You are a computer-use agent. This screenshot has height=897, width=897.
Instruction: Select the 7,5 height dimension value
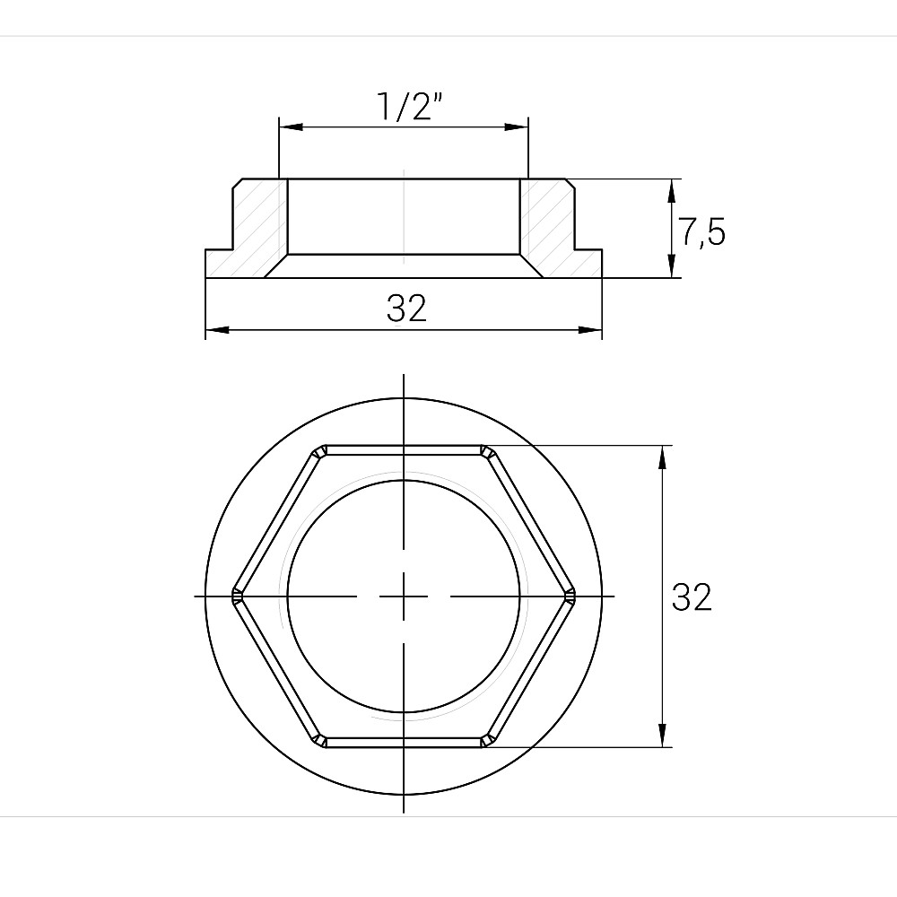(700, 232)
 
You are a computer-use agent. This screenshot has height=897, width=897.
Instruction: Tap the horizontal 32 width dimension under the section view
(406, 309)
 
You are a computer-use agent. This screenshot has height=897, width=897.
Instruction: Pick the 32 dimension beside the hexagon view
(692, 597)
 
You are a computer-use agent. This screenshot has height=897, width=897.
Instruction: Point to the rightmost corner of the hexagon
(571, 596)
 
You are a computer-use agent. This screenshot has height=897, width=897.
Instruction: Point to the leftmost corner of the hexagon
(236, 596)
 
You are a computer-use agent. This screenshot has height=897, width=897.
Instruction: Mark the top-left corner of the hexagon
(319, 450)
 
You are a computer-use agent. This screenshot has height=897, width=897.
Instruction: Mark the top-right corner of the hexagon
(488, 450)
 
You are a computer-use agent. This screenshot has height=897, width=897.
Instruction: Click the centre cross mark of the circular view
(404, 597)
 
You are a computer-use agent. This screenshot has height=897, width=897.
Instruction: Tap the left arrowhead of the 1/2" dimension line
(289, 126)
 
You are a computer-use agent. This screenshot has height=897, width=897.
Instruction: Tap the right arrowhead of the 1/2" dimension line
(518, 126)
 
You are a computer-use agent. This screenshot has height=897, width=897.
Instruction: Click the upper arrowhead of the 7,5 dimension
(672, 188)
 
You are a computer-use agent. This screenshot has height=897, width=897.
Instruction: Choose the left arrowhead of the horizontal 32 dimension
(216, 331)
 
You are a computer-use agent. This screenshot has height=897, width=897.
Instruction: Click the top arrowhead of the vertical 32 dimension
(662, 456)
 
